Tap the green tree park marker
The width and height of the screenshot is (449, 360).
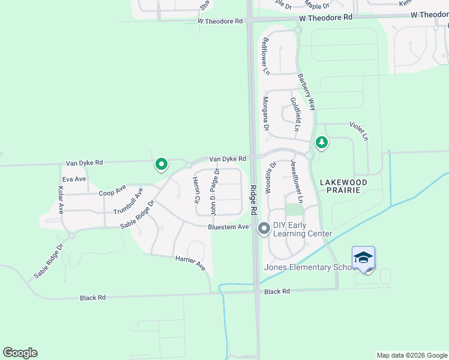click(x=322, y=143)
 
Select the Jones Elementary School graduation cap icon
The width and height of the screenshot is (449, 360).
click(x=363, y=258)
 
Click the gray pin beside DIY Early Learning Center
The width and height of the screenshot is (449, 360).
click(x=264, y=229)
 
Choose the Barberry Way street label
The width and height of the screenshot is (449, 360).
click(x=307, y=92)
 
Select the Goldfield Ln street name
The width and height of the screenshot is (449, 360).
click(x=294, y=114)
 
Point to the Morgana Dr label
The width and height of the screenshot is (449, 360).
click(x=265, y=113)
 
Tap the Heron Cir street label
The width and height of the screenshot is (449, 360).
click(x=196, y=190)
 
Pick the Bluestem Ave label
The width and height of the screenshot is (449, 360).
click(x=228, y=227)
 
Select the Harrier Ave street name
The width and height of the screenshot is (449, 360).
click(x=190, y=262)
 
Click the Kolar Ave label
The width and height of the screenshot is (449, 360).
click(x=61, y=200)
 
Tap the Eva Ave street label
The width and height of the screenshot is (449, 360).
click(x=74, y=179)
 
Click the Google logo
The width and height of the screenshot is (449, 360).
click(x=20, y=353)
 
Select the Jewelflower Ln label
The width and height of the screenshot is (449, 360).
click(x=297, y=181)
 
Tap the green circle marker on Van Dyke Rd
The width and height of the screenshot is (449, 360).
click(x=161, y=164)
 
